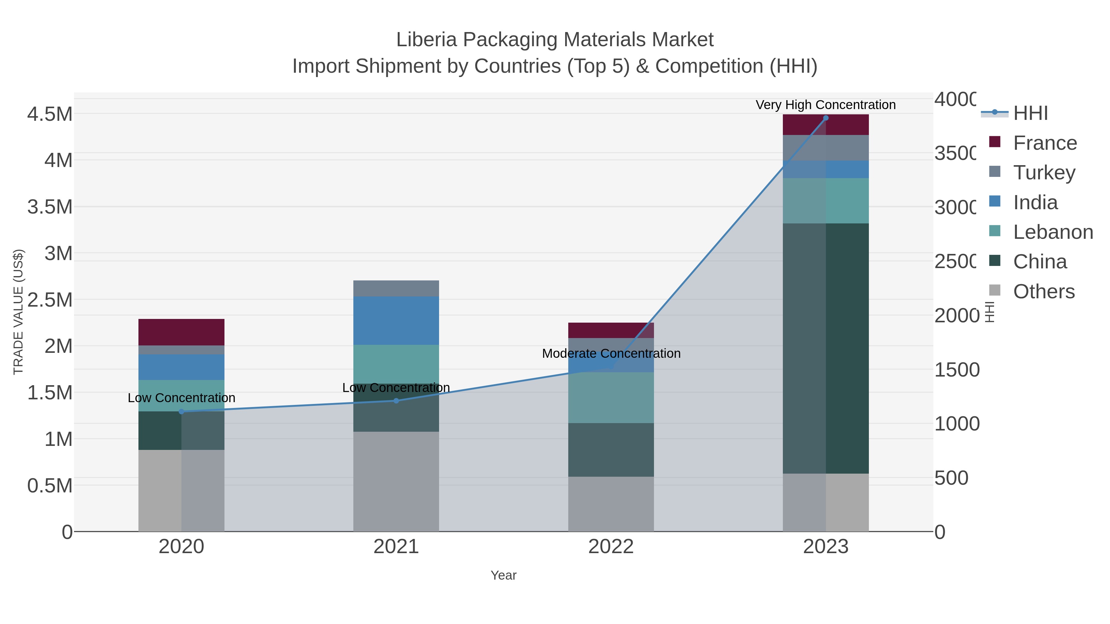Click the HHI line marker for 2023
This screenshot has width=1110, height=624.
(826, 118)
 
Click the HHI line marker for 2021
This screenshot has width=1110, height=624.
(396, 401)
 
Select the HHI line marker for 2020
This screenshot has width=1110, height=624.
(181, 411)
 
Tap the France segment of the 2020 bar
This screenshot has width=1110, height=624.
(181, 332)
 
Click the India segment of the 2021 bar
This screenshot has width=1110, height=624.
(396, 320)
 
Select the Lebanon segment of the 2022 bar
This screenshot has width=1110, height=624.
(611, 397)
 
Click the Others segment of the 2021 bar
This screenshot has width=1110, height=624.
(396, 481)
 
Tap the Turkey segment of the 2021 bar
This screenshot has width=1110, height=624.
(396, 288)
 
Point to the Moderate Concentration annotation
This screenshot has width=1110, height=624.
(611, 353)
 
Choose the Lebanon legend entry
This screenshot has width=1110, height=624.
(1053, 232)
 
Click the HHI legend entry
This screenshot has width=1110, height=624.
(1030, 113)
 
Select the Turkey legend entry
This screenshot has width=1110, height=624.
(1044, 173)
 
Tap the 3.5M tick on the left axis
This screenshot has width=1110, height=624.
(50, 207)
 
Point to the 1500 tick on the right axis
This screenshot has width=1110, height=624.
(956, 369)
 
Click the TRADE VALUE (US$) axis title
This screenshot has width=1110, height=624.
(18, 312)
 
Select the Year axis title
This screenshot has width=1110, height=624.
(503, 575)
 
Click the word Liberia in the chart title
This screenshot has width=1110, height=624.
(426, 40)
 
